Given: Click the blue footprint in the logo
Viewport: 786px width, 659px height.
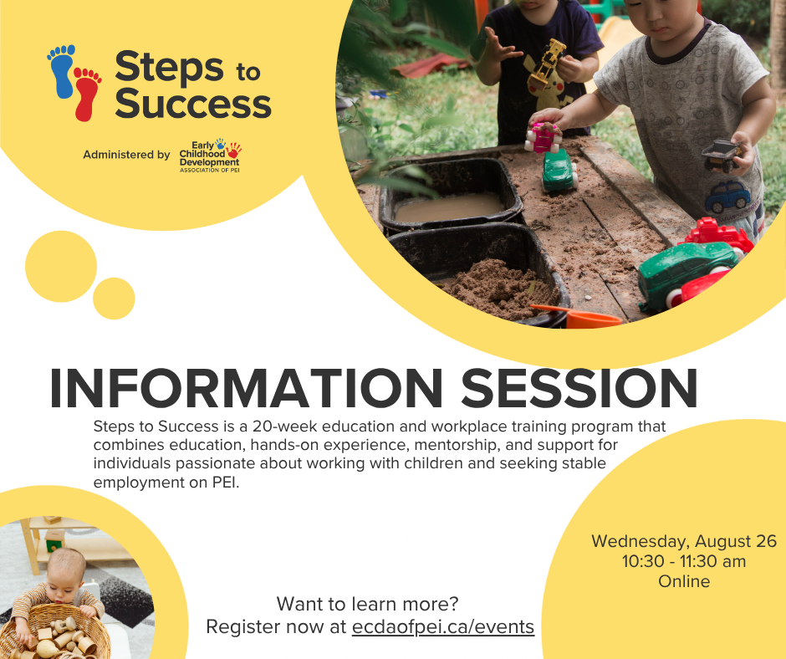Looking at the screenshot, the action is [62, 71].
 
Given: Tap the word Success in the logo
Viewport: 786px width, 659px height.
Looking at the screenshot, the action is [193, 104].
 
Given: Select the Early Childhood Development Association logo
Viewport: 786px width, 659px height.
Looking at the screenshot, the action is [211, 156].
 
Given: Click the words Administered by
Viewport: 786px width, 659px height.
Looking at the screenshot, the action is [126, 155].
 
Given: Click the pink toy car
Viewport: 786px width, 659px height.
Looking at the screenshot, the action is [543, 137].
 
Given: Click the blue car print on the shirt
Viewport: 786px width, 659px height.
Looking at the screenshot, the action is [727, 197].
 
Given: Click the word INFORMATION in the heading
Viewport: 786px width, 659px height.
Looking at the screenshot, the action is [246, 389].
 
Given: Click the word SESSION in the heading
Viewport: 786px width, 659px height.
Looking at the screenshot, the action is [579, 389].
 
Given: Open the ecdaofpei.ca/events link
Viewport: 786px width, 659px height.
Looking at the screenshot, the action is [443, 627].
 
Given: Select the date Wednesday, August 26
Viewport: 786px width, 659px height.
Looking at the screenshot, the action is [684, 541].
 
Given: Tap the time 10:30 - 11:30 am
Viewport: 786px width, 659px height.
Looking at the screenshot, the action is [684, 561].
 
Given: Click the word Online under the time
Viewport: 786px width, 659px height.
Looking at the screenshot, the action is [684, 581].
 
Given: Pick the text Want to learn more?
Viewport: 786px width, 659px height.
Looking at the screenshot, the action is [367, 604].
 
